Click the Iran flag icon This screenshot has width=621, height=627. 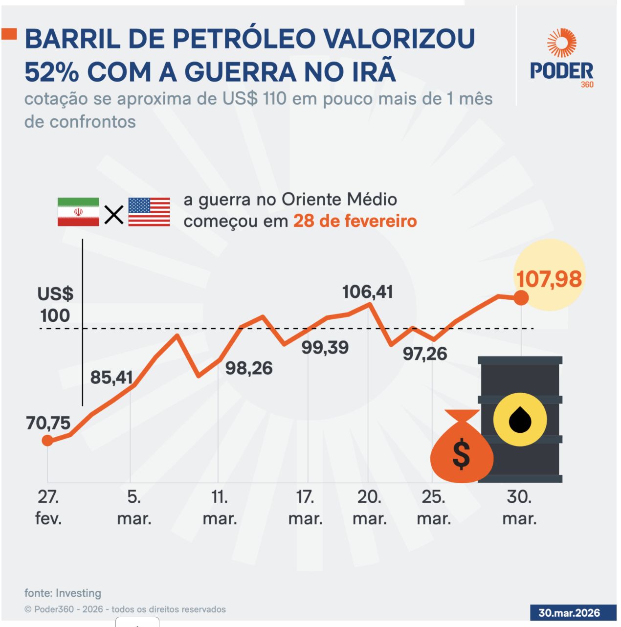(x=78, y=212)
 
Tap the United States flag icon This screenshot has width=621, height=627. (x=149, y=212)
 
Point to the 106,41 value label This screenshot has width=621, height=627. (x=367, y=292)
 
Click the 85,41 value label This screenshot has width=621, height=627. (x=111, y=378)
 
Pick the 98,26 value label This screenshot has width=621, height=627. (x=249, y=368)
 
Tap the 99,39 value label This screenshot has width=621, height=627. (x=325, y=348)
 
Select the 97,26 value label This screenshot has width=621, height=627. (x=424, y=354)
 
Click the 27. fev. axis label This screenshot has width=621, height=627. (x=48, y=508)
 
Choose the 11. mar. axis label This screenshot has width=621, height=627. (x=220, y=508)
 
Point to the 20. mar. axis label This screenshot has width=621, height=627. (x=369, y=508)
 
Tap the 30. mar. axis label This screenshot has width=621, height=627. (x=519, y=508)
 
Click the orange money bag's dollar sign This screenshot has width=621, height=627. (x=461, y=454)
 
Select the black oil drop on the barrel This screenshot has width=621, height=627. (x=520, y=420)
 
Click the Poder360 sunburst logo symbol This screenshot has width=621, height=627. (x=561, y=43)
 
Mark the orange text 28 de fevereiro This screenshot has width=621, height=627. (x=355, y=221)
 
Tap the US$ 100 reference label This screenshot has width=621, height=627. (x=55, y=305)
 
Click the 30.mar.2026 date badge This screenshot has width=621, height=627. (x=569, y=613)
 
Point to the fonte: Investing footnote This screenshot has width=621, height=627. (x=63, y=593)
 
